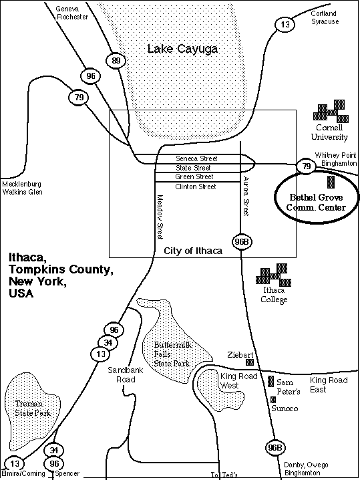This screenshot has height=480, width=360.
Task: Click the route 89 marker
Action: coord(116,61)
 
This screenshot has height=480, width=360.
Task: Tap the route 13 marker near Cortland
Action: coord(285,25)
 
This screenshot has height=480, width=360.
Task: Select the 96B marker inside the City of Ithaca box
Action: coord(242,242)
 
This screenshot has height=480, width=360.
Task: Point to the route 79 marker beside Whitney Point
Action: coord(306,166)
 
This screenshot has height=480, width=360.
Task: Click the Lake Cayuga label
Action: coord(182,49)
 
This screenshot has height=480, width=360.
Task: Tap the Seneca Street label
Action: coord(196,158)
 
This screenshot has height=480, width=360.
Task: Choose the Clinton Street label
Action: coord(196,187)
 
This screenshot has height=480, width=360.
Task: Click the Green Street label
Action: coord(194,176)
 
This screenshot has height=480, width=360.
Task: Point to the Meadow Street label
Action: coord(160,217)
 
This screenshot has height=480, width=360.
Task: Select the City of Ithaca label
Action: coord(193,251)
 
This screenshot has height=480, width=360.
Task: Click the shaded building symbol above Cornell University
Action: coord(331,111)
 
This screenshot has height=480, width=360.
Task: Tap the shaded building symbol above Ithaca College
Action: coord(273,275)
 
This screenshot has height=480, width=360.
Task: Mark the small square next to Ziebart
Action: coord(250,362)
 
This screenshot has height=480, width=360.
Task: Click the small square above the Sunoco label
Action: coord(273,400)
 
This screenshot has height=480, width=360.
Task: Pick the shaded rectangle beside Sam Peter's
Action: coord(271,381)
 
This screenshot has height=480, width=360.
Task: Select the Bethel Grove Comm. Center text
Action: coord(316,203)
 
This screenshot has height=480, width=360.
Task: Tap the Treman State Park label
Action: coord(32,408)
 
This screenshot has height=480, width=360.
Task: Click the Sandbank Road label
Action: coord(126,374)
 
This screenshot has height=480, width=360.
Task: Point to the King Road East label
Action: coord(329,385)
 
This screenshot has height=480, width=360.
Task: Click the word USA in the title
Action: coord(21,293)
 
